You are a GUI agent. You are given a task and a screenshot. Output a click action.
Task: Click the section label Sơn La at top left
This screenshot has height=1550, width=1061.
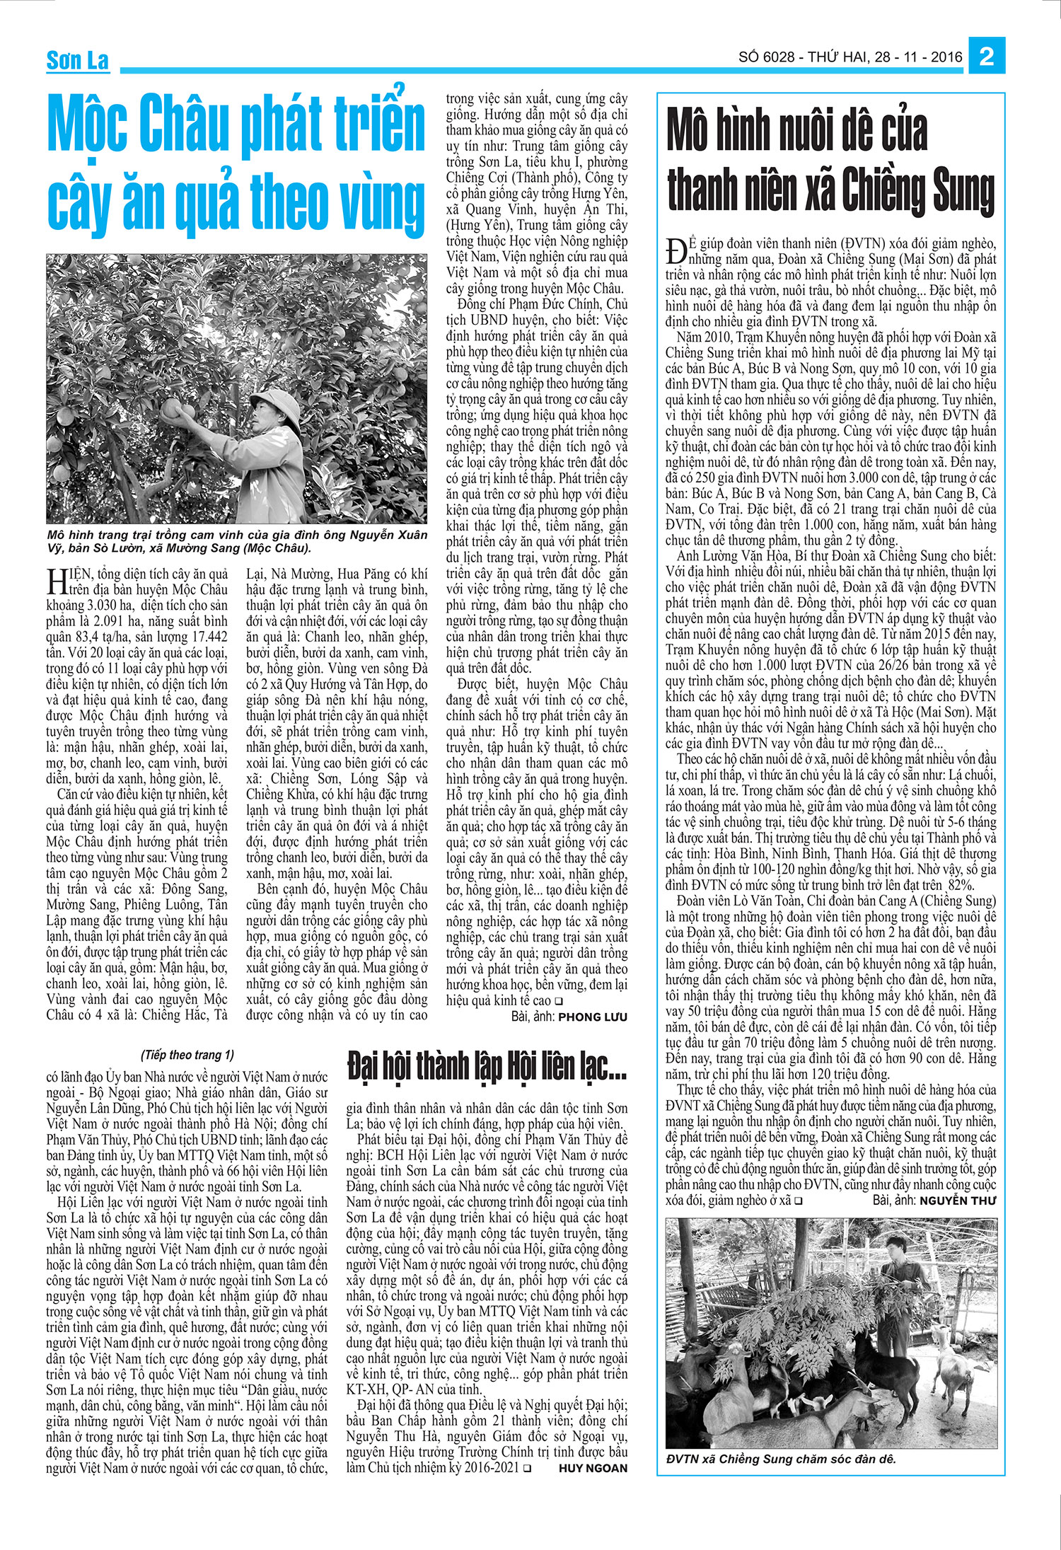[77, 61]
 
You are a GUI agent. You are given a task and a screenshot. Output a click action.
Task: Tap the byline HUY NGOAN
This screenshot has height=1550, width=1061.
[593, 1468]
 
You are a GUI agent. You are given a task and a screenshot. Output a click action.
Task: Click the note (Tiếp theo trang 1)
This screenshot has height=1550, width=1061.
[187, 1055]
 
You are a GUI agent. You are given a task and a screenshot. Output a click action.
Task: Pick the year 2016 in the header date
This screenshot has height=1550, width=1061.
[946, 57]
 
